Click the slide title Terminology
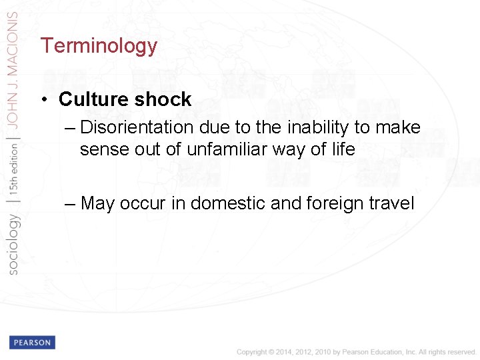pos(99,46)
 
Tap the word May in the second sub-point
pos(98,203)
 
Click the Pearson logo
pos(31,343)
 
